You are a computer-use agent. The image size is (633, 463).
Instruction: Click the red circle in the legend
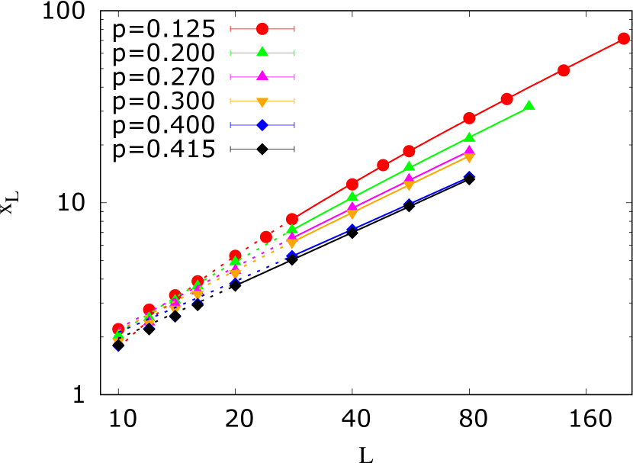pyautogui.click(x=262, y=29)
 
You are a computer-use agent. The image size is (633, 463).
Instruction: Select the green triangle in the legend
pyautogui.click(x=262, y=52)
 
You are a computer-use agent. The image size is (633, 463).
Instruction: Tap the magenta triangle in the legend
pyautogui.click(x=262, y=76)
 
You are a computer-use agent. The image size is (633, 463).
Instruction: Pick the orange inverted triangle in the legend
pyautogui.click(x=262, y=102)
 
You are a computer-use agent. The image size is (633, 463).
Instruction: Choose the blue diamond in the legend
pyautogui.click(x=262, y=124)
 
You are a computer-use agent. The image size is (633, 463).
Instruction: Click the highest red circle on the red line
pyautogui.click(x=624, y=39)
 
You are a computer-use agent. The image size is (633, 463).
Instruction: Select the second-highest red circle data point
pyautogui.click(x=564, y=70)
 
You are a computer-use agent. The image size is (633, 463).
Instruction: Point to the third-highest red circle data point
pyautogui.click(x=507, y=99)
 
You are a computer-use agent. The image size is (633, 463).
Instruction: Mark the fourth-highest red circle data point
pyautogui.click(x=469, y=118)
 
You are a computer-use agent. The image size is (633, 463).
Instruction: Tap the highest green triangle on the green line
pyautogui.click(x=529, y=105)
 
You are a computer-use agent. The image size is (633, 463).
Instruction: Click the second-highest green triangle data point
pyautogui.click(x=469, y=137)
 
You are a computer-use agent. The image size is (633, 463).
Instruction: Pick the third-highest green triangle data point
pyautogui.click(x=409, y=166)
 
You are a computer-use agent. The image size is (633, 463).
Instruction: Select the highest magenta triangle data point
pyautogui.click(x=469, y=150)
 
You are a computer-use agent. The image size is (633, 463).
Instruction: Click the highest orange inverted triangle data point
pyautogui.click(x=469, y=158)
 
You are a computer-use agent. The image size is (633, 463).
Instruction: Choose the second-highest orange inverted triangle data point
pyautogui.click(x=409, y=185)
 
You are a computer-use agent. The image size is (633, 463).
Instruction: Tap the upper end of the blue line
pyautogui.click(x=469, y=175)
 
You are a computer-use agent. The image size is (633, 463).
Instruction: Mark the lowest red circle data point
pyautogui.click(x=118, y=329)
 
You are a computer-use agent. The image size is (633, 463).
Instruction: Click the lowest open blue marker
pyautogui.click(x=118, y=348)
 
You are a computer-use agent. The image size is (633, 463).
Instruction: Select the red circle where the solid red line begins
pyautogui.click(x=292, y=219)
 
